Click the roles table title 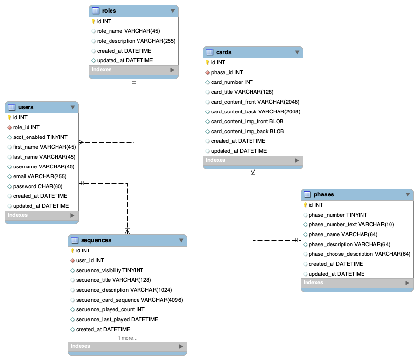point(109,10)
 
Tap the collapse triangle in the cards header point(297,52)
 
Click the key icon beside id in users point(9,117)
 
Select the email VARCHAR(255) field point(40,176)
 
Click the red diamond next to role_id point(9,127)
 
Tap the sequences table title point(96,240)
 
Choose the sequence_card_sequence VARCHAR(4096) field point(129,300)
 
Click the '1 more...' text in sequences point(128,338)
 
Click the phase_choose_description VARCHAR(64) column point(359,254)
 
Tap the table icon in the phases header point(307,194)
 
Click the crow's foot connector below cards point(253,172)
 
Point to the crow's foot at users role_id point(82,142)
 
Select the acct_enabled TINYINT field point(40,137)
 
